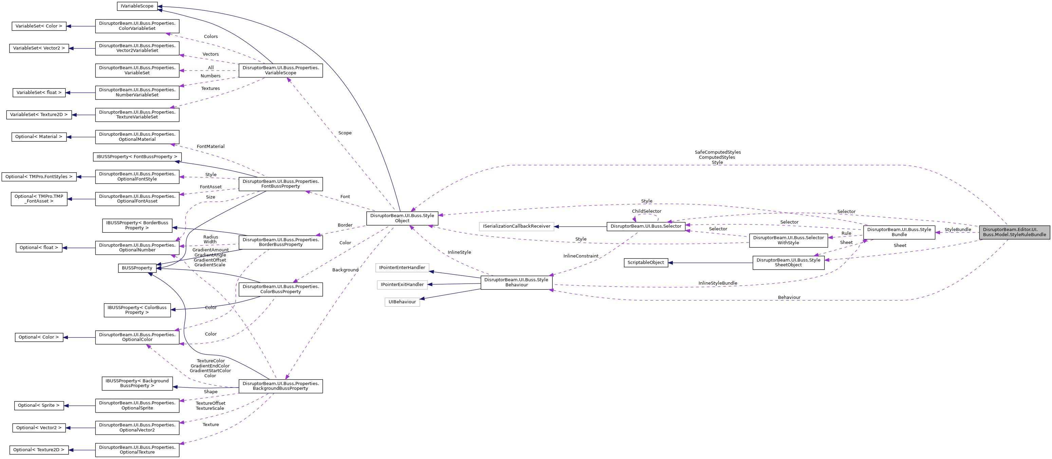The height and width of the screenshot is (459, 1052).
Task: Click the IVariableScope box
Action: (137, 6)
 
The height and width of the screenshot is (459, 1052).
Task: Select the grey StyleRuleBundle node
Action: (1014, 232)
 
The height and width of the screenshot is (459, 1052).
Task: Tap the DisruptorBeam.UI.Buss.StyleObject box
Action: (402, 218)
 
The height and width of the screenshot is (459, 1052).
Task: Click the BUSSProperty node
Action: (137, 268)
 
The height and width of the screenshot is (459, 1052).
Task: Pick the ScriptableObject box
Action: (646, 263)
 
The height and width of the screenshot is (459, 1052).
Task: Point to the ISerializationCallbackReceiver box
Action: (516, 226)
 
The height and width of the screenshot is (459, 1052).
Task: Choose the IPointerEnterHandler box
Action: (402, 268)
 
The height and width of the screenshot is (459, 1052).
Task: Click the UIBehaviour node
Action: (402, 302)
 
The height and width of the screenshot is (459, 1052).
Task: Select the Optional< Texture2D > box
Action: (39, 450)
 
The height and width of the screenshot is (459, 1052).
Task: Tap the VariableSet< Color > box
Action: (39, 26)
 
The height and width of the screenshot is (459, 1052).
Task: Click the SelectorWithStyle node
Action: (788, 240)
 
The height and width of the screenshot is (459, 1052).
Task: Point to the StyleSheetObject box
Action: (788, 262)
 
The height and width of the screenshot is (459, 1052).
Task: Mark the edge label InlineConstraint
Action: (581, 256)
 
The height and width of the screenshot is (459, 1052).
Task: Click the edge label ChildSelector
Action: (646, 211)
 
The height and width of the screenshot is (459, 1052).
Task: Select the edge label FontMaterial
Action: (210, 147)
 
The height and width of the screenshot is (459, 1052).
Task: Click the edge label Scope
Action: (345, 133)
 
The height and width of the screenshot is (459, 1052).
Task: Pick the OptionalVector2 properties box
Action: (137, 427)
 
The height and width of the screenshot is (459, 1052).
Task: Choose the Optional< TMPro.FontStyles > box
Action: (39, 177)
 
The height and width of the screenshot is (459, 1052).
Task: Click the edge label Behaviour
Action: (789, 298)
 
